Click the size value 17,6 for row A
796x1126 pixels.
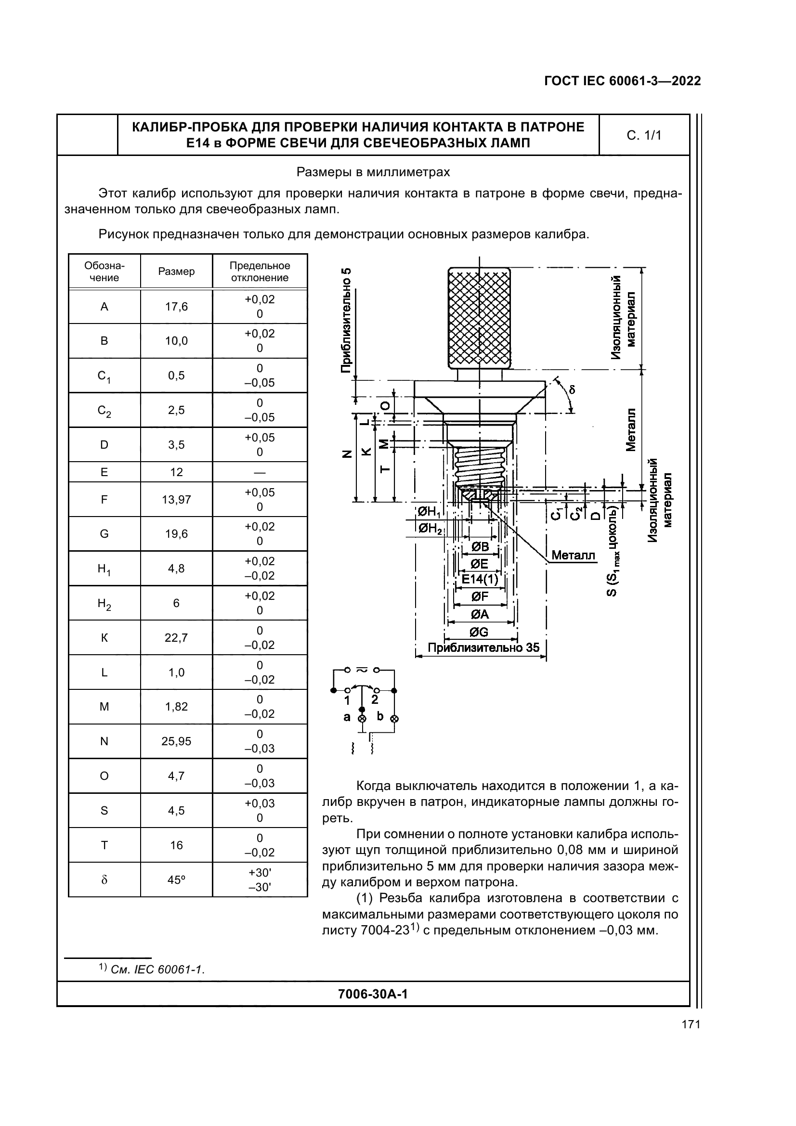176,307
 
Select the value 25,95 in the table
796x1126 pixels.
176,741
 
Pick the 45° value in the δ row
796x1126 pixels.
176,880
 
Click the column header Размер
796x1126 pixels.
176,271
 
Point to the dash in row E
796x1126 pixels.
260,472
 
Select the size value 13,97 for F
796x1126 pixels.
176,500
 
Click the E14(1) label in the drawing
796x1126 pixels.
480,580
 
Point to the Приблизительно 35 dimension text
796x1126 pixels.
483,648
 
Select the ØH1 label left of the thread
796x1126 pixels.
429,512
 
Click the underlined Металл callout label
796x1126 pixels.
573,555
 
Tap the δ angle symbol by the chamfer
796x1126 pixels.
572,390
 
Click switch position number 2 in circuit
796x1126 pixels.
375,700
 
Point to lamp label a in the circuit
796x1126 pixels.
347,717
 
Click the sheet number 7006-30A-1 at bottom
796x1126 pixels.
373,994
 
